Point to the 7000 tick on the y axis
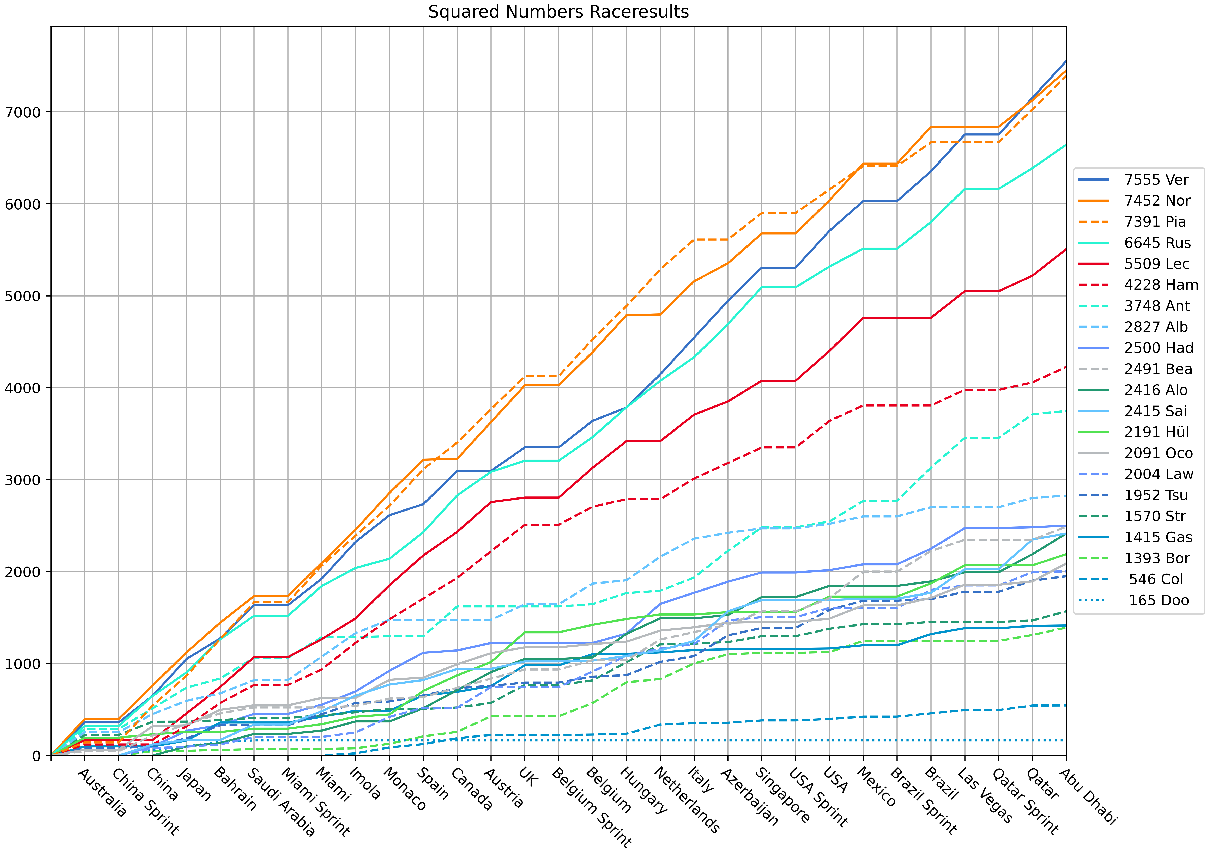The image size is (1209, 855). click(x=22, y=112)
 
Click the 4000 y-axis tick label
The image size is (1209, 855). click(x=22, y=388)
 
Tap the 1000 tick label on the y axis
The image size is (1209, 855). click(x=22, y=664)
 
